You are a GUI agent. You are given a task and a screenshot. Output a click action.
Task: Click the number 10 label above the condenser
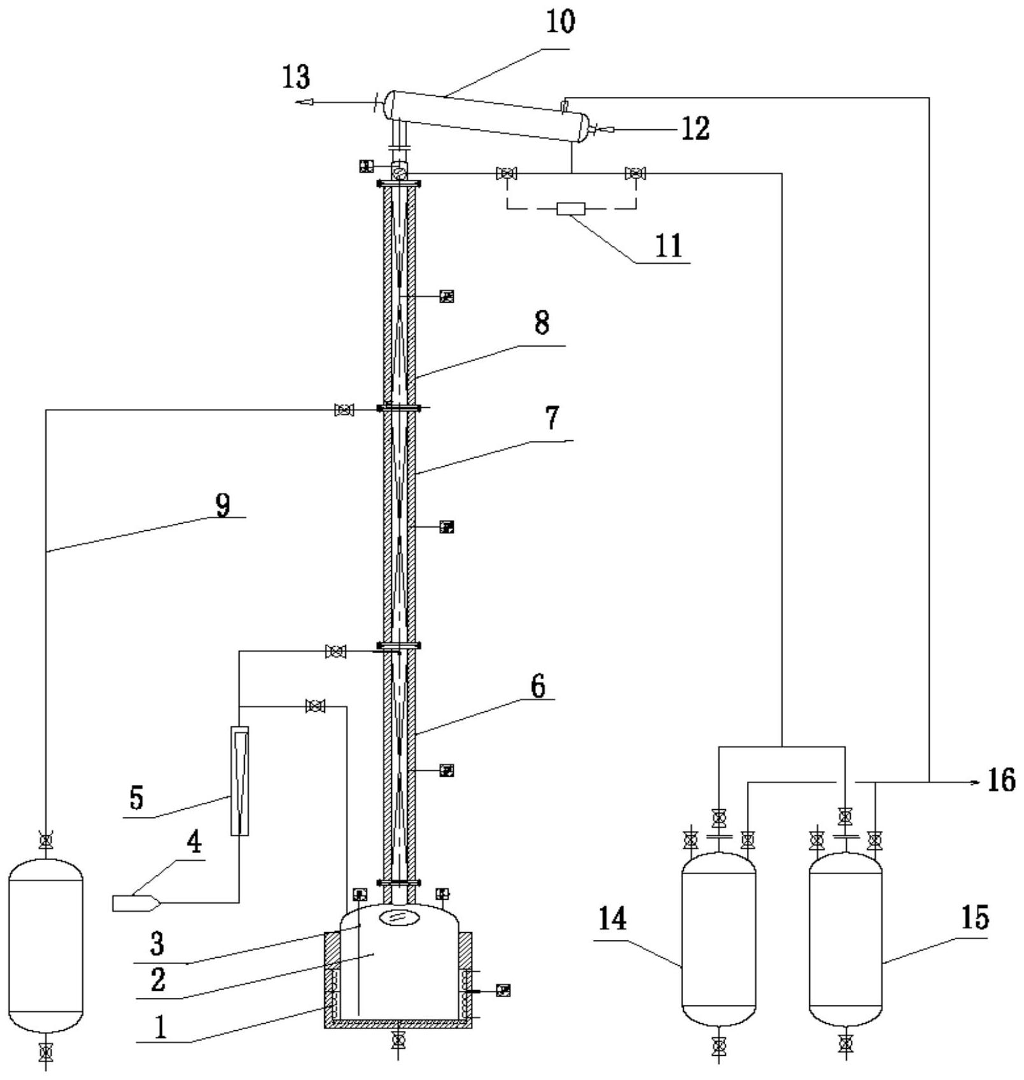[559, 21]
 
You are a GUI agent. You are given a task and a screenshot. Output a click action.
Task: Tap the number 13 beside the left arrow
[297, 77]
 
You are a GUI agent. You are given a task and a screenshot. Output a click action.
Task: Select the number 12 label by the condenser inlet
[695, 128]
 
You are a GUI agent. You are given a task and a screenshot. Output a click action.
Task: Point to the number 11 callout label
[668, 246]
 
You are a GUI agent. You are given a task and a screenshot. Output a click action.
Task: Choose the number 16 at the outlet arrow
[1001, 779]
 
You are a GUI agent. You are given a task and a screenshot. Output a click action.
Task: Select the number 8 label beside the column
[542, 322]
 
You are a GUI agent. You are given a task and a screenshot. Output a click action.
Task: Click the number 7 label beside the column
[551, 417]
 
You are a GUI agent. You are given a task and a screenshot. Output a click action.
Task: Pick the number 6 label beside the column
[538, 687]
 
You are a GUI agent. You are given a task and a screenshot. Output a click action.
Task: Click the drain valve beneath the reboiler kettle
[398, 1040]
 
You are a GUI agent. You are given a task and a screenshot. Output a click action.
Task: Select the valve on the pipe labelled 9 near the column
[344, 410]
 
